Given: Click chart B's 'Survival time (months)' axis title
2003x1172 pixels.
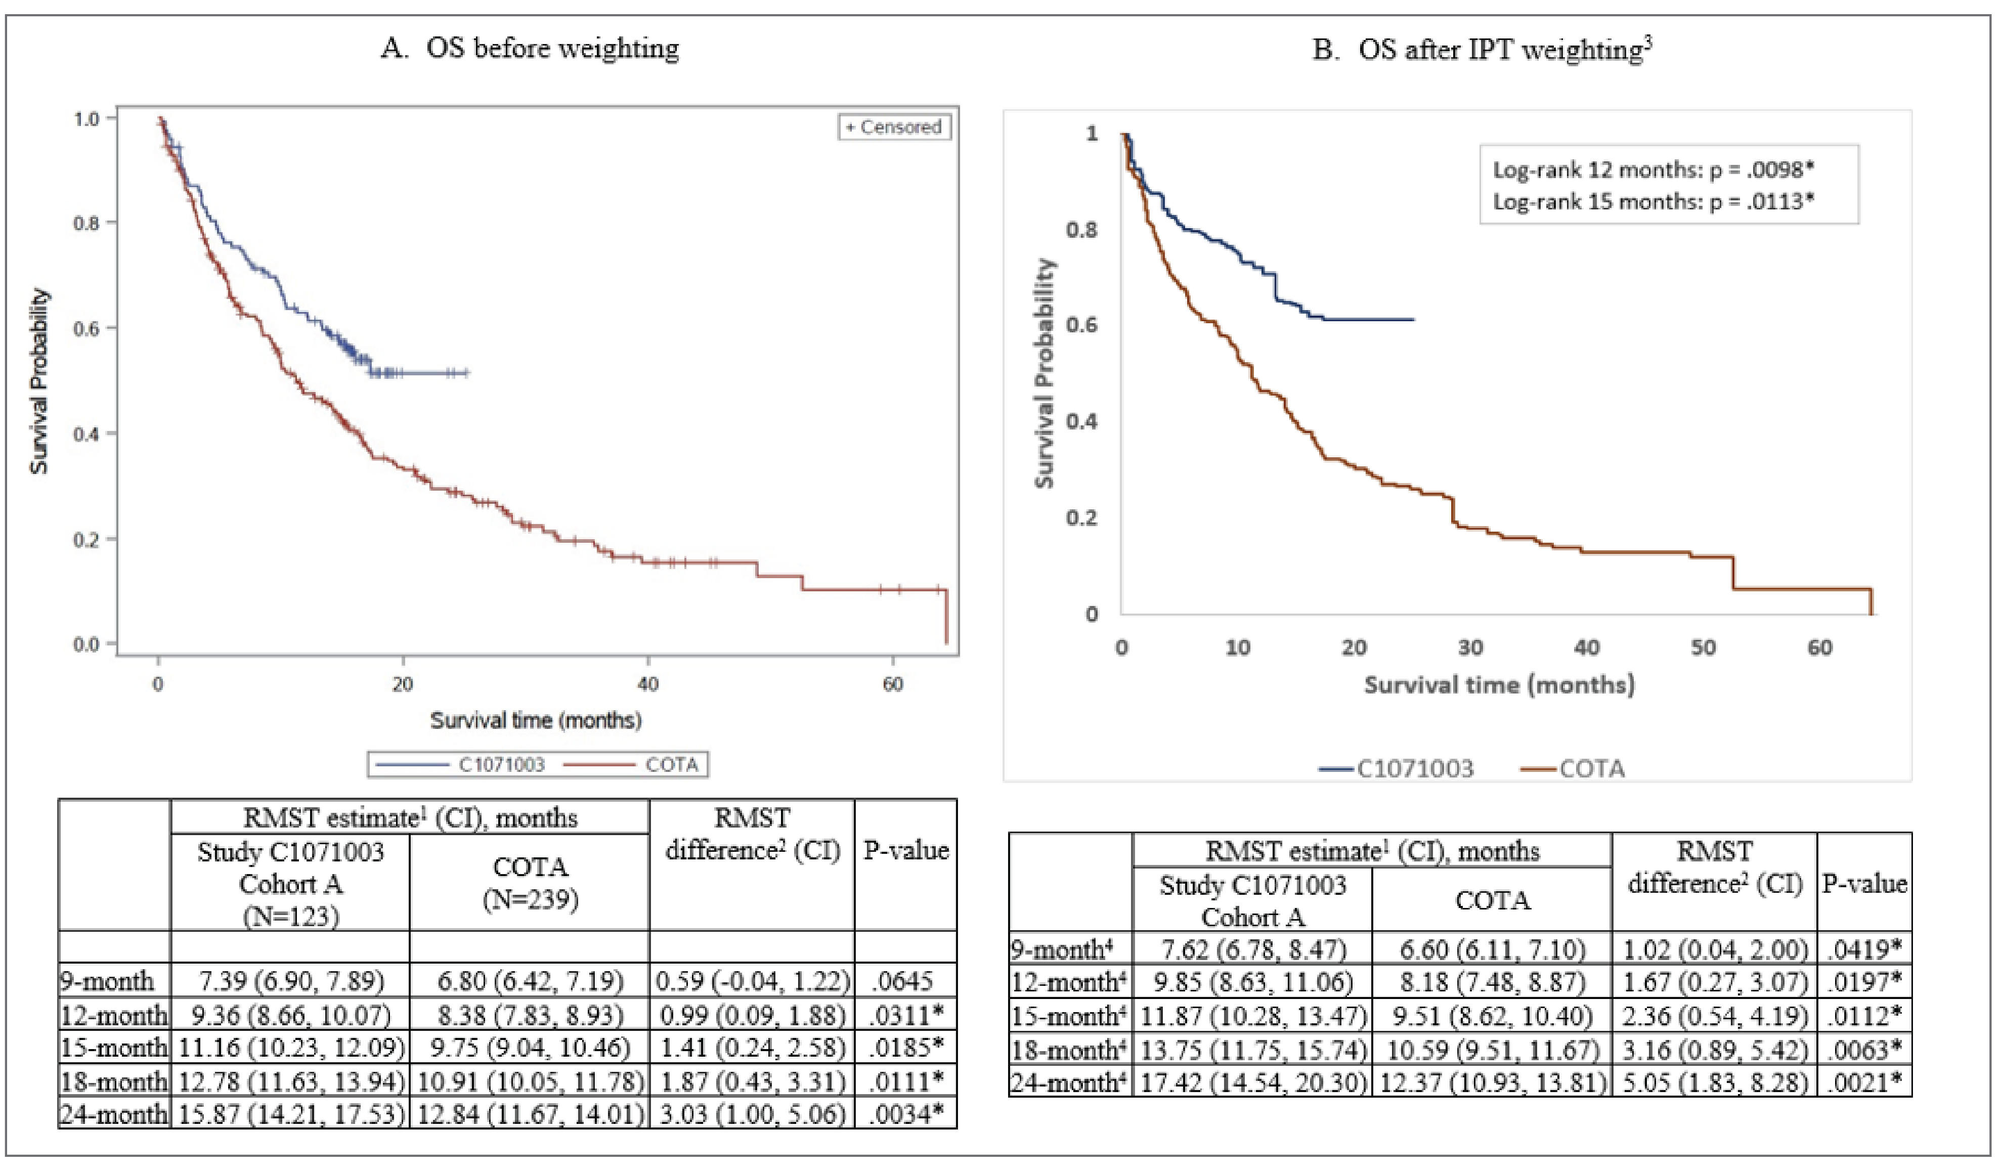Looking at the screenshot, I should coord(1499,684).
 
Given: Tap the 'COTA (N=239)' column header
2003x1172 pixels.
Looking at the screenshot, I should coord(530,883).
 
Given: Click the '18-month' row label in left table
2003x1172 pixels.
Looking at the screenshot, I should coord(114,1081).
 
